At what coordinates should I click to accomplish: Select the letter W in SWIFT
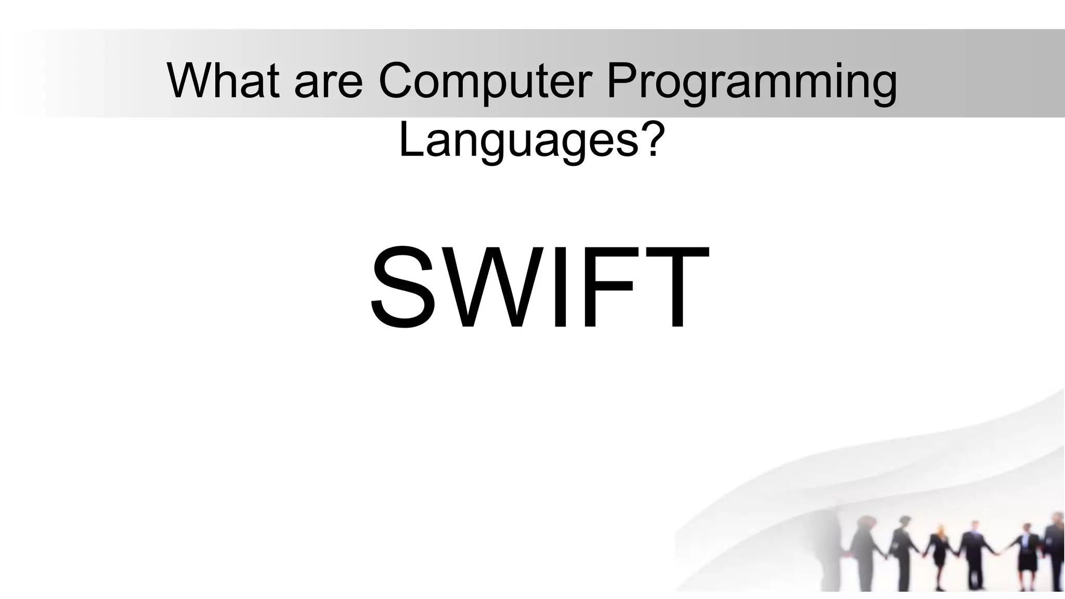[491, 289]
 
